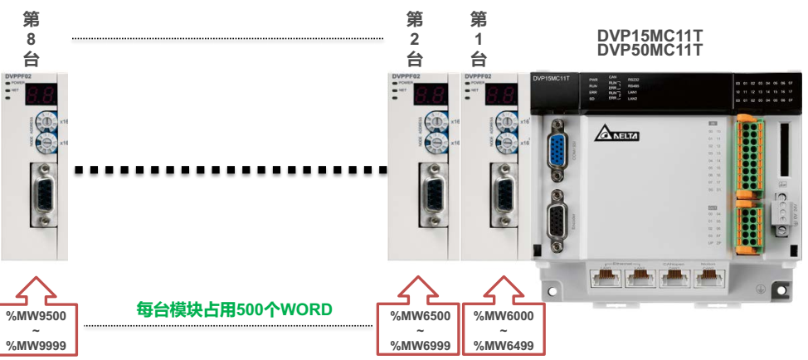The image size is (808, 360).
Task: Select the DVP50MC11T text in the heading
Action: pos(650,51)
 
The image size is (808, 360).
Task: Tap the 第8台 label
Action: pos(33,38)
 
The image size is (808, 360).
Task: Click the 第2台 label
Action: pos(416,38)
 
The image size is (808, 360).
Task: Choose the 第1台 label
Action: pos(478,38)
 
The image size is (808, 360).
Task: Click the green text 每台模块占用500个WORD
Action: pos(234,309)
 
